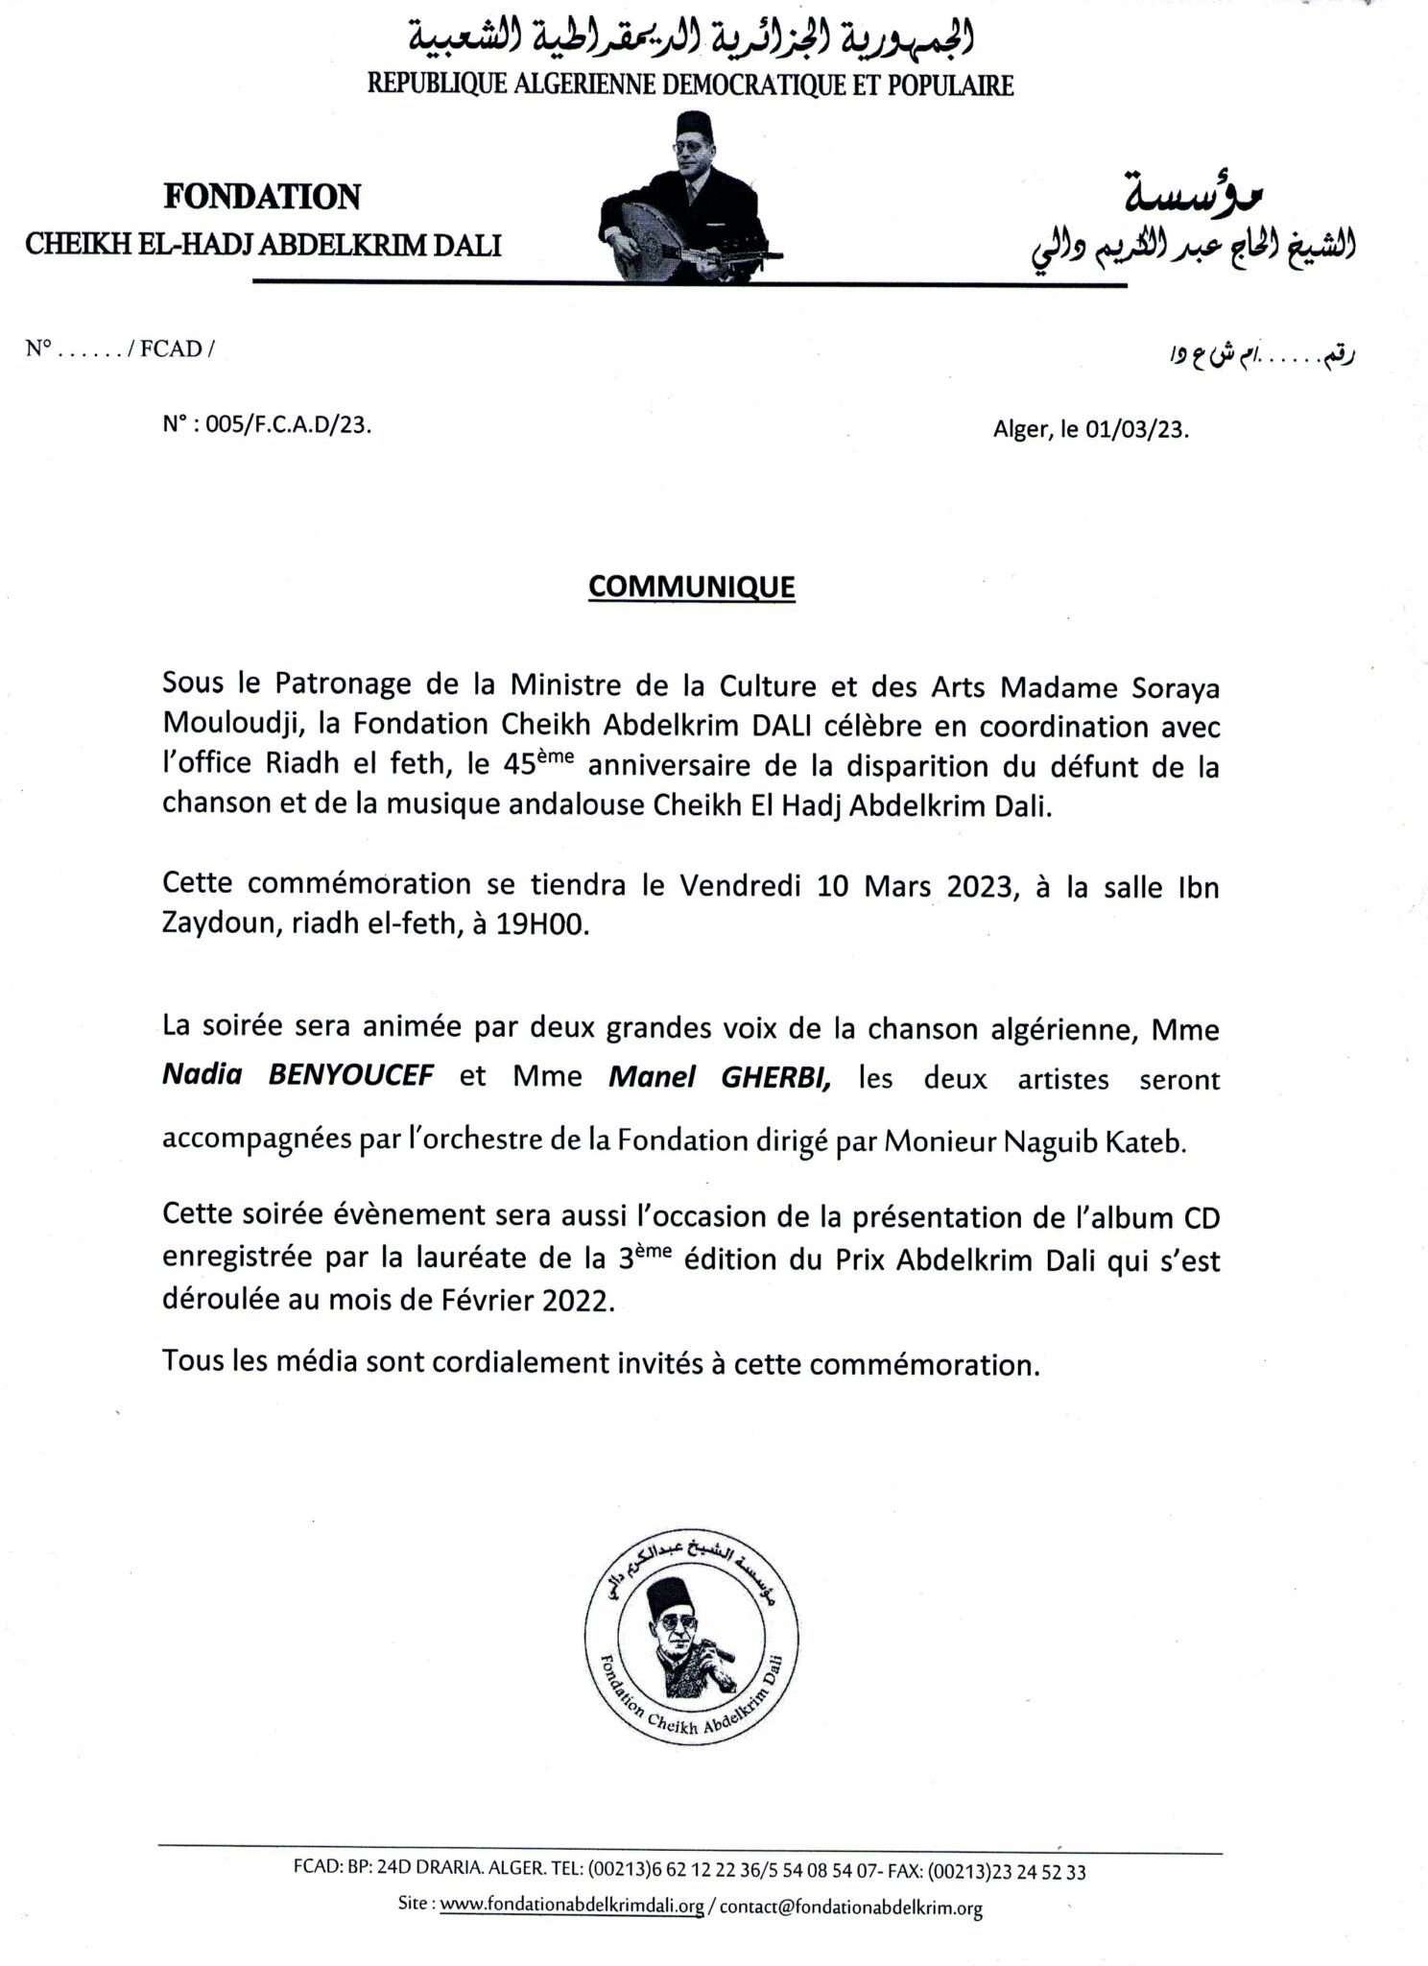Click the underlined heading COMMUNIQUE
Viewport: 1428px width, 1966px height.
691,587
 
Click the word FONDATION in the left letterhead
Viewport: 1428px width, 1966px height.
262,197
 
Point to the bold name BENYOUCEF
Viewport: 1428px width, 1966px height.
350,1074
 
